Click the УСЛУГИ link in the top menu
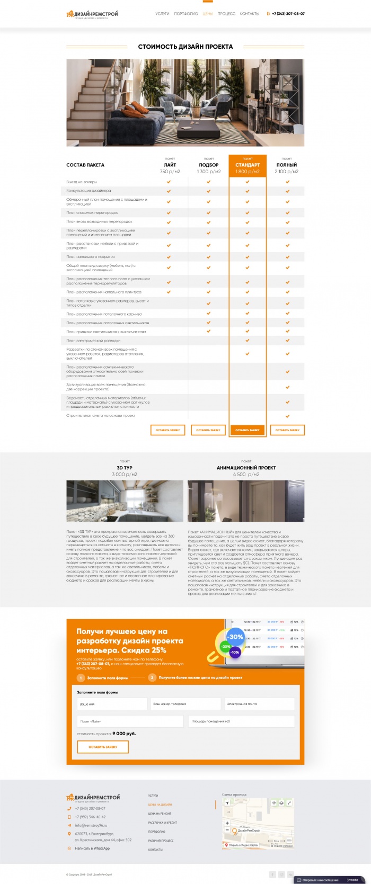(162, 14)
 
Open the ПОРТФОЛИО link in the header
(186, 14)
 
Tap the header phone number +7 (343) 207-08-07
(288, 14)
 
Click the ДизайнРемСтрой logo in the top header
(92, 14)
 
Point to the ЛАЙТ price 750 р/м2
(170, 172)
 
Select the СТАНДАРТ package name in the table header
(248, 165)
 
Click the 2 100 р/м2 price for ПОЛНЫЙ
(287, 172)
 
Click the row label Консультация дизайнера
(89, 191)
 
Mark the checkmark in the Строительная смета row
(287, 416)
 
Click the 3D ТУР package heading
(125, 468)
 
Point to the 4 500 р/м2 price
(246, 475)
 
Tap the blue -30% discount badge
(235, 637)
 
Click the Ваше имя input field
(112, 704)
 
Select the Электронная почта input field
(259, 704)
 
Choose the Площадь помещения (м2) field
(241, 721)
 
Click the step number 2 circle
(152, 677)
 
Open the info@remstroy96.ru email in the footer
(91, 825)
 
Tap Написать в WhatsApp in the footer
(92, 849)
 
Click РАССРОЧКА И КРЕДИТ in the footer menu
(162, 823)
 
